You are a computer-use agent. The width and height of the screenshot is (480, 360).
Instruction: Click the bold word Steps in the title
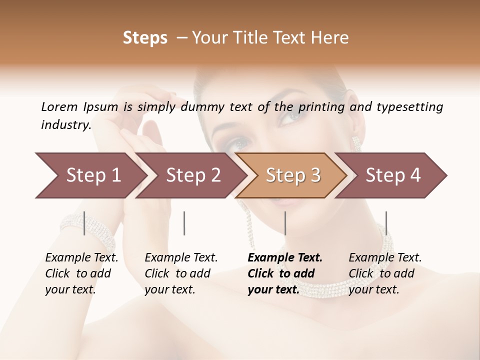tap(145, 38)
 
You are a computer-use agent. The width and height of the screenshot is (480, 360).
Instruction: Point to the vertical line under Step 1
tap(84, 223)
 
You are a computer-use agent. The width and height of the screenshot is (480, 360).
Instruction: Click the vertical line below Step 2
tap(184, 223)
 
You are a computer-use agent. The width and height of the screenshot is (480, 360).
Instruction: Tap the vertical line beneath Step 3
tap(285, 223)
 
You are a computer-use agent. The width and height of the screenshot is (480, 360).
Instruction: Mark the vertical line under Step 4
tap(386, 223)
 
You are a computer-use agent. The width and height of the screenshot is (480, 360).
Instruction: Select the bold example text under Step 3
tap(285, 273)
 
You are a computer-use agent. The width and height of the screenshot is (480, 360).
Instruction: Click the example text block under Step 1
tap(81, 273)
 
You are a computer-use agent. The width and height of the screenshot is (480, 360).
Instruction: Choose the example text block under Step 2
tap(181, 273)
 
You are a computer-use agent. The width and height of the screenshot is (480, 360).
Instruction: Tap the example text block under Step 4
tap(385, 273)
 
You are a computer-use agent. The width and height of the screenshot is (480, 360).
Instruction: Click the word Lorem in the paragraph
tap(59, 106)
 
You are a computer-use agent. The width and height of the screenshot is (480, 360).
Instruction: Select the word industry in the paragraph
tap(65, 125)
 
